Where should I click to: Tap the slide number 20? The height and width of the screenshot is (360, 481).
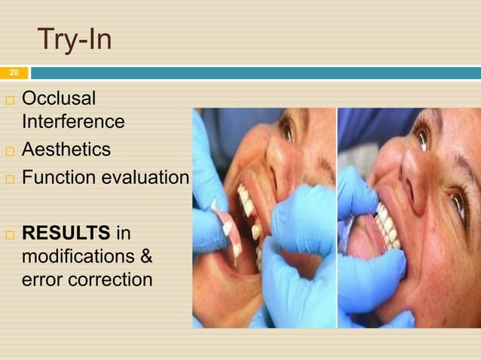(13, 73)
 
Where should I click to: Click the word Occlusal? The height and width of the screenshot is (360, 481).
(59, 99)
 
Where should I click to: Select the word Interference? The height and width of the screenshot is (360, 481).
(73, 121)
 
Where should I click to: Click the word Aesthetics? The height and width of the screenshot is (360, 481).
(66, 150)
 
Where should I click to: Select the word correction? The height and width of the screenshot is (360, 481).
(108, 280)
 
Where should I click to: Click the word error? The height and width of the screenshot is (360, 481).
(41, 280)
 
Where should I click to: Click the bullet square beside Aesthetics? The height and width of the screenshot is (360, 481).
(9, 151)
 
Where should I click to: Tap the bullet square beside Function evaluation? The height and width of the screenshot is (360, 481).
(9, 179)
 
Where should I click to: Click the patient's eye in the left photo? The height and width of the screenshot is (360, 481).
(286, 129)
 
